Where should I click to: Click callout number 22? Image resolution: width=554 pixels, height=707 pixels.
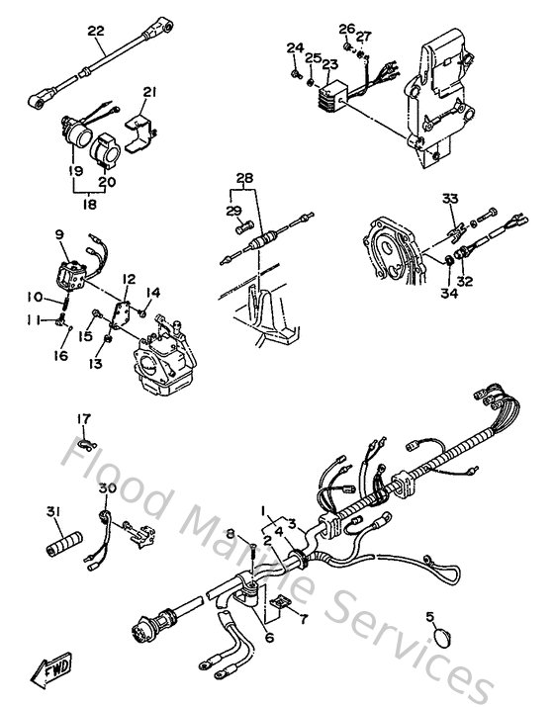tap(95, 32)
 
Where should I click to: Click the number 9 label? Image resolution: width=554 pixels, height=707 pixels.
tap(58, 234)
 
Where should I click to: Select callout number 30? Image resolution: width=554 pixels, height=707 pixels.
tap(107, 487)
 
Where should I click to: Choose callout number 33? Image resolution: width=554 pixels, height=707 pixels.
tap(450, 199)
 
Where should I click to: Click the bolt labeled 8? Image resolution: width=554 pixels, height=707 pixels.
tap(256, 552)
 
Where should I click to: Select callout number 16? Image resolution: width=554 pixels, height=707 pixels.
tap(61, 355)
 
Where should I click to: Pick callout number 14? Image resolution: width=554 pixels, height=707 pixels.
tap(153, 292)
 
